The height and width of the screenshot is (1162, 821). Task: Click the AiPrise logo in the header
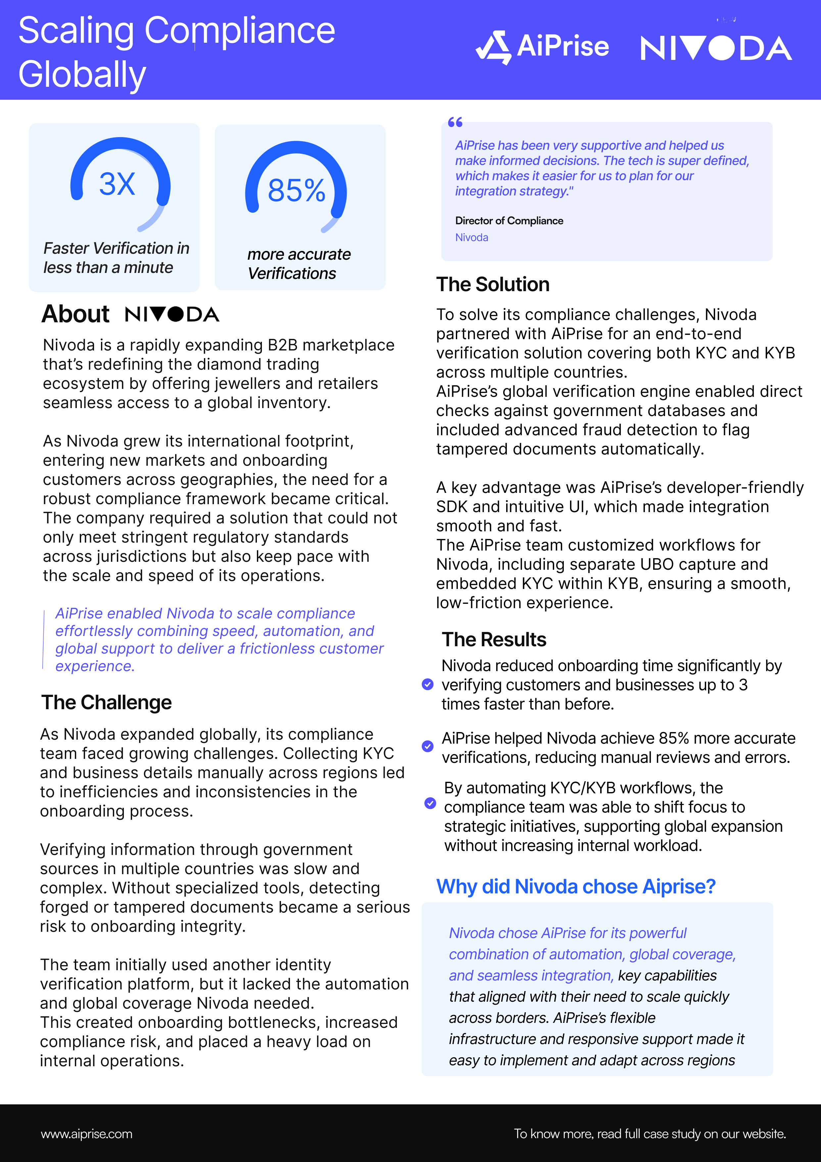point(542,47)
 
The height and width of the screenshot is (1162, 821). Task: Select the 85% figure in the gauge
point(296,191)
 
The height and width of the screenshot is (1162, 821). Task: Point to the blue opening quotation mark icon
point(455,122)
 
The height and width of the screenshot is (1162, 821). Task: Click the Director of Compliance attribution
point(509,221)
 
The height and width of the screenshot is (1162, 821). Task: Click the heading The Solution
point(493,285)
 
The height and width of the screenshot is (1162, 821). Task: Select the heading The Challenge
point(106,703)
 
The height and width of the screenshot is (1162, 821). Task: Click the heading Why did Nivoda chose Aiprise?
point(576,887)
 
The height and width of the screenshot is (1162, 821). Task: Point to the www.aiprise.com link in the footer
point(86,1134)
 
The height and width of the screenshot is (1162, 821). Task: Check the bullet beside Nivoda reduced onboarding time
point(427,685)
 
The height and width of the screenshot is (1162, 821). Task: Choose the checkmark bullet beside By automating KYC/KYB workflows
point(430,803)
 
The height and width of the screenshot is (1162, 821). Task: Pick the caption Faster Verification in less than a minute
point(116,258)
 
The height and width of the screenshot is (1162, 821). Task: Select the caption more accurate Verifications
point(299,264)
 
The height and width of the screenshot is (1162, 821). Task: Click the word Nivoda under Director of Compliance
point(471,238)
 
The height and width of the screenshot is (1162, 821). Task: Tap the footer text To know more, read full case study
point(650,1134)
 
